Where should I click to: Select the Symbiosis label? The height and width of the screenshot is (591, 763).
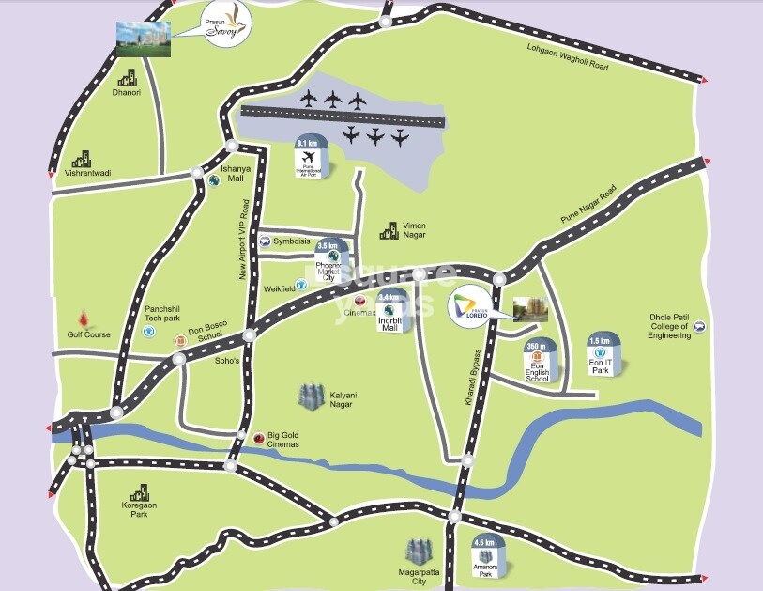point(292,241)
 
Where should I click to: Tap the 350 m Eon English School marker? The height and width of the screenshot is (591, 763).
point(538,361)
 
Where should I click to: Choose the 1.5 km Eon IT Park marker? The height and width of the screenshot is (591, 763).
point(600,355)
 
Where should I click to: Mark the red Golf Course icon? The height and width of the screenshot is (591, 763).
point(89,319)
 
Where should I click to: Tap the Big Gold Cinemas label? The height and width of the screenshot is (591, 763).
point(282,439)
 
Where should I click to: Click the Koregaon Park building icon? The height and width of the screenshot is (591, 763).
point(140,493)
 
